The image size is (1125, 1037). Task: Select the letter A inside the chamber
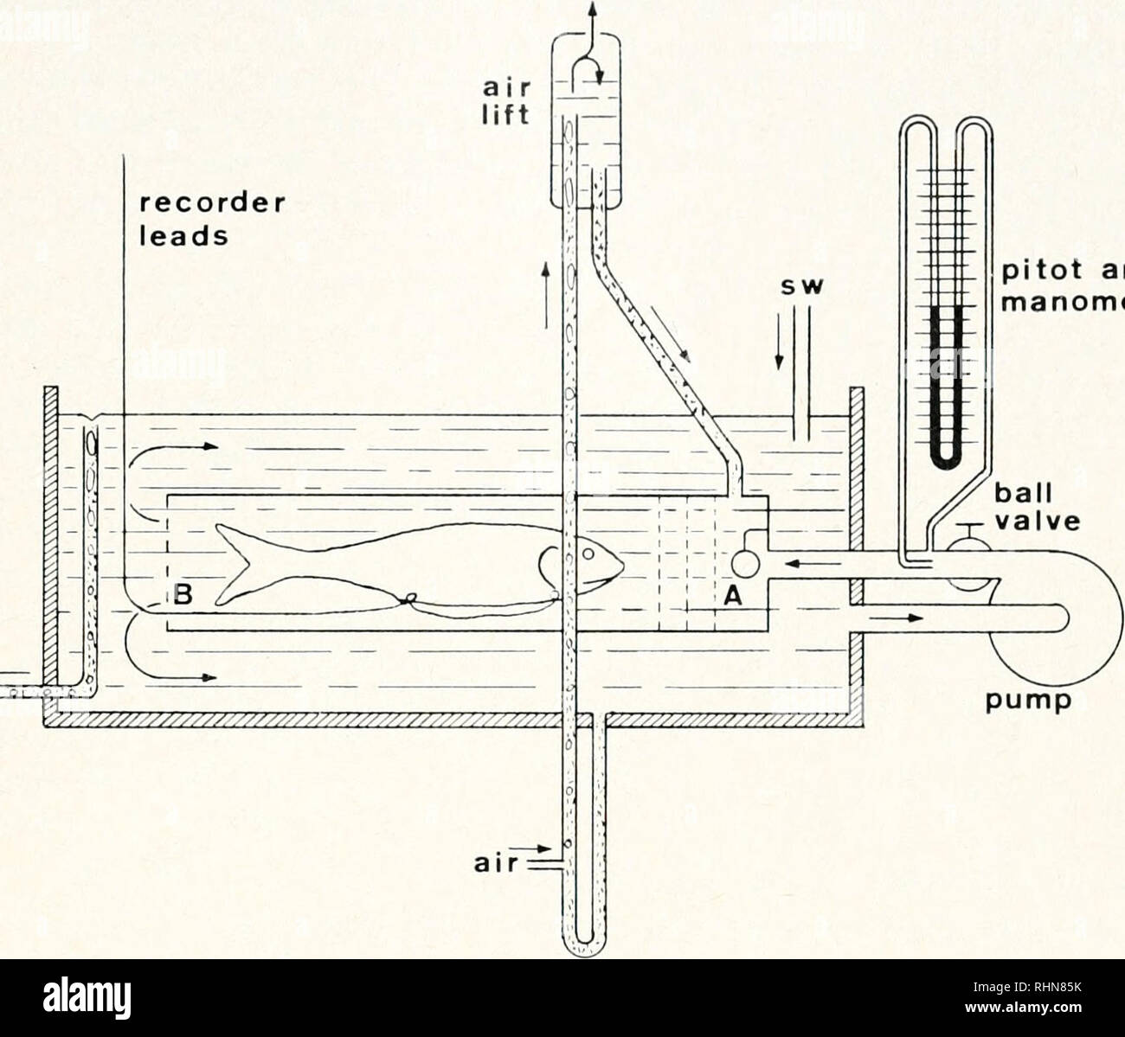click(x=730, y=597)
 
